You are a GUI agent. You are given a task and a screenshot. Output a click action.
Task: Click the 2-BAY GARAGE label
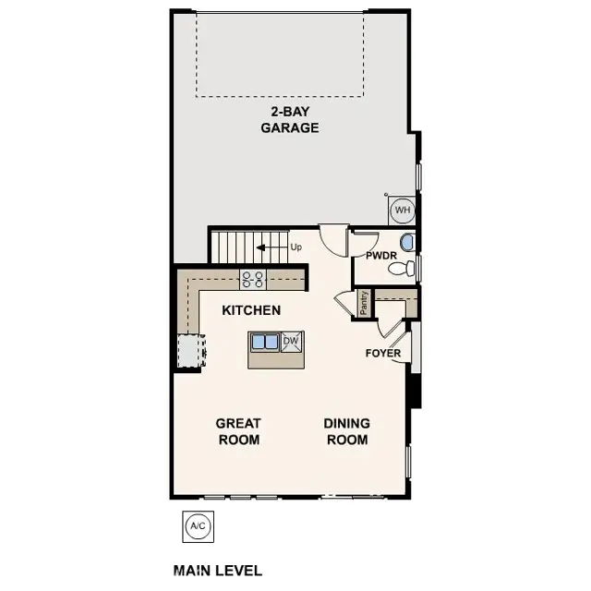click(x=289, y=120)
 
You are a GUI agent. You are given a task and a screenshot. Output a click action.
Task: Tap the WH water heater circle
click(x=403, y=211)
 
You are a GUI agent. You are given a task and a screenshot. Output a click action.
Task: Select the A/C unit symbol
click(x=197, y=526)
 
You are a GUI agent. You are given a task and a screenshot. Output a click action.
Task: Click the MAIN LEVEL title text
click(x=218, y=571)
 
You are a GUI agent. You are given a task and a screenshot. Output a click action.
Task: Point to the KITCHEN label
click(x=251, y=310)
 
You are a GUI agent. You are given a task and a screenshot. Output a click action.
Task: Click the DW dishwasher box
click(x=291, y=342)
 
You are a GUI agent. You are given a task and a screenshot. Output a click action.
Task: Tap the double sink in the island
click(x=265, y=342)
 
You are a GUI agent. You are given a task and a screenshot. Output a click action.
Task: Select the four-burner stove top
click(x=253, y=277)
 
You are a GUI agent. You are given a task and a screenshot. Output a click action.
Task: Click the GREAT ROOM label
click(x=238, y=431)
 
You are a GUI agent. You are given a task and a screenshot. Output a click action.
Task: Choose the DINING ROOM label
click(x=347, y=431)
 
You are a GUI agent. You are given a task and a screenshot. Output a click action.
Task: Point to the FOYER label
click(x=383, y=353)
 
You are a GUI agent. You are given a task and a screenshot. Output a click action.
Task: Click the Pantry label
click(x=365, y=303)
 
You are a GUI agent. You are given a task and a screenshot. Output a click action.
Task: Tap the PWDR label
click(x=381, y=255)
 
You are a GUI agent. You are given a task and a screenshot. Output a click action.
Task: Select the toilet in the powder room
click(x=400, y=269)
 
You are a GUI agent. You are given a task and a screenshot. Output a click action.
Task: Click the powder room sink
click(x=408, y=243)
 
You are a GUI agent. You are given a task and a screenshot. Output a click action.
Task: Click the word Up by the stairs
click(x=296, y=247)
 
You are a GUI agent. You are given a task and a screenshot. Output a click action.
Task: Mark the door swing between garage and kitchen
click(x=332, y=238)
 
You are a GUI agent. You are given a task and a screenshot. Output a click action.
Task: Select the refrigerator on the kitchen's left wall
click(x=191, y=351)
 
